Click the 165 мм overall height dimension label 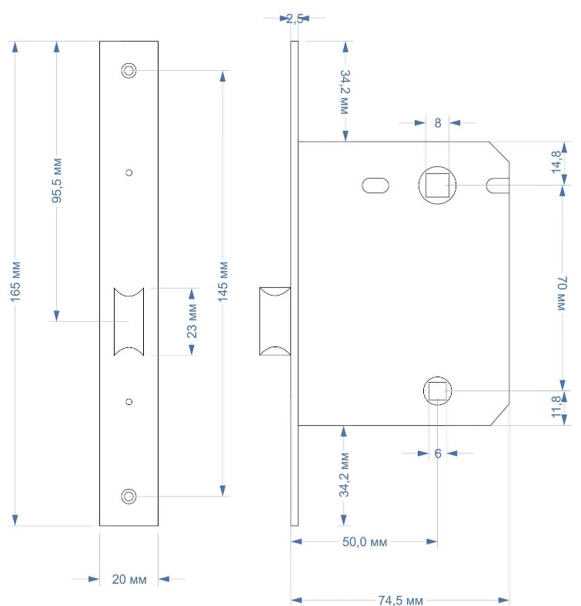coord(15,282)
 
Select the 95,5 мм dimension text coord(57,180)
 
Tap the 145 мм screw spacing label coord(223,282)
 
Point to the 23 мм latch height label coord(192,321)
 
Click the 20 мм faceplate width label coord(129,579)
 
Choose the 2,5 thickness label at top coord(295,18)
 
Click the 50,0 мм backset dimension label coord(365,542)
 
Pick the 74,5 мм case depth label coord(400,600)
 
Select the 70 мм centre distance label coord(562,293)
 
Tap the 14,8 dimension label coord(556,162)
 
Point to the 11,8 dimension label coord(556,407)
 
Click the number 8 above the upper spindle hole coord(437,123)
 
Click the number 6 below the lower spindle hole coord(438,454)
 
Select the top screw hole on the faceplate coord(129,70)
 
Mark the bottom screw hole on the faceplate coord(129,496)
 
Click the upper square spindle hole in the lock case coord(437,185)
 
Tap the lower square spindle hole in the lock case coord(437,390)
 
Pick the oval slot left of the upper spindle coord(376,185)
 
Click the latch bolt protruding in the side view coord(275,321)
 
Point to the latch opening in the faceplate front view coord(129,322)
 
